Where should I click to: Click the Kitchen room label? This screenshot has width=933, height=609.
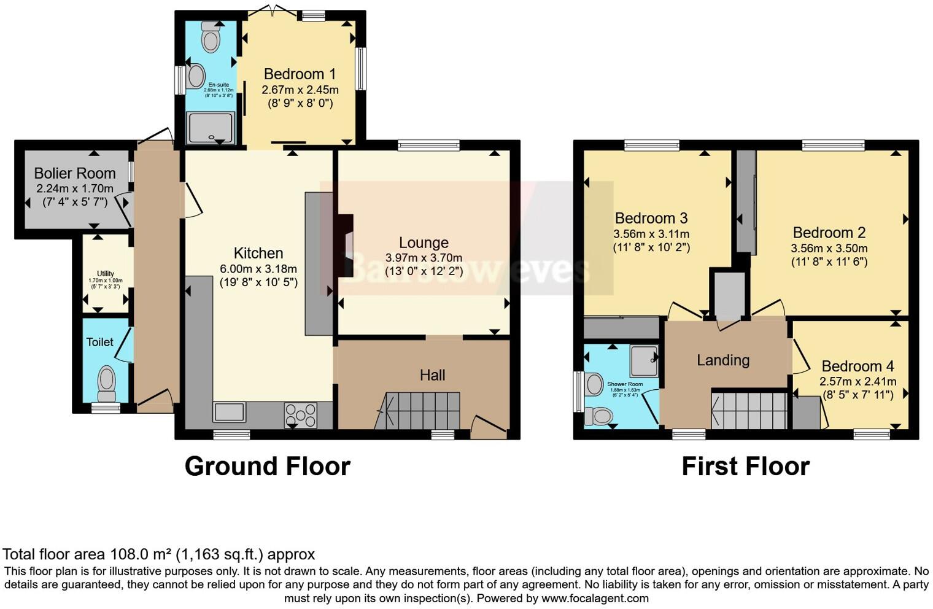(x=258, y=253)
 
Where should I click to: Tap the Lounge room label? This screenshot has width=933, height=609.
(x=424, y=242)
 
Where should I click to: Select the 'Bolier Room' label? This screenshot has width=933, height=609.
(x=75, y=173)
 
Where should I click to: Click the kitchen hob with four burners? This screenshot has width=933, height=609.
(x=301, y=414)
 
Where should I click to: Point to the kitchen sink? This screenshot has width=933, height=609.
(x=229, y=412)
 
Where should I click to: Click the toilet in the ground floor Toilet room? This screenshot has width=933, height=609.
(x=107, y=381)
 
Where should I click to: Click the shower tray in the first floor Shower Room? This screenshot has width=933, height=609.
(x=643, y=360)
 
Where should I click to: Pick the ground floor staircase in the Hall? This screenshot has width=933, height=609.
(x=422, y=410)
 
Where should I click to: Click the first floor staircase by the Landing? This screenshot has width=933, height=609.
(x=749, y=410)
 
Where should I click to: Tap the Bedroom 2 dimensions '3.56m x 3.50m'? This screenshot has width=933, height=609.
(x=829, y=248)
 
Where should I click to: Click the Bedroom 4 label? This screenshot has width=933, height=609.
(x=858, y=366)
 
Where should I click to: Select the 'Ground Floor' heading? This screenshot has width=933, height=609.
(x=267, y=467)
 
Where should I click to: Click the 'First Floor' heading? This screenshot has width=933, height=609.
(x=745, y=467)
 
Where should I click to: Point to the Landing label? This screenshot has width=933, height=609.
(x=723, y=360)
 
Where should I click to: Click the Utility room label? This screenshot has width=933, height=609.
(x=106, y=274)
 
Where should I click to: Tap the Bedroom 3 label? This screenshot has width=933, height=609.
(x=651, y=218)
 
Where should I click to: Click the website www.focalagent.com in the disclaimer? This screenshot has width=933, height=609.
(x=595, y=598)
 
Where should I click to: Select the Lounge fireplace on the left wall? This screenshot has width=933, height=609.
(x=346, y=246)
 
